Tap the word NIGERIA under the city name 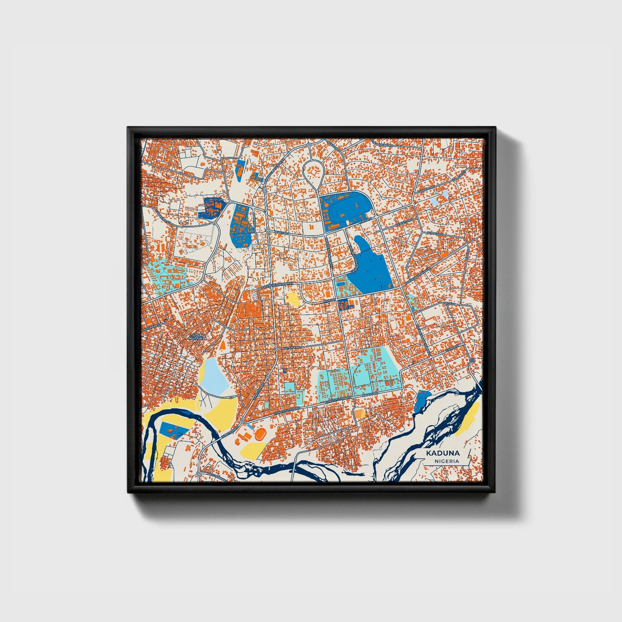(446, 461)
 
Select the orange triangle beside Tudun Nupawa (223, 345)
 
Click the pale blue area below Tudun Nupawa (214, 375)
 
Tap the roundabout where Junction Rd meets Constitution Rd (241, 421)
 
